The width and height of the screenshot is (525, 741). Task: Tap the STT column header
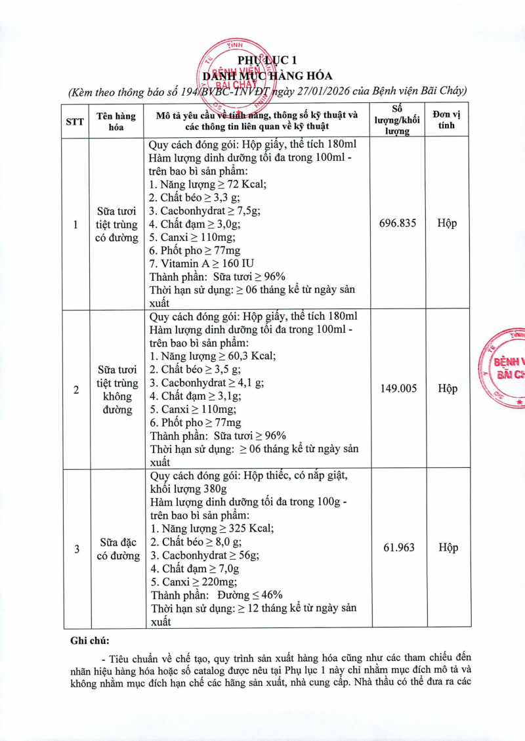[x=75, y=121]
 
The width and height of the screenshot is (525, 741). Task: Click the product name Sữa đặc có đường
[x=119, y=549]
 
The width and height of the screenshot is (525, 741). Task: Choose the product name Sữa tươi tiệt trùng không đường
[x=119, y=389]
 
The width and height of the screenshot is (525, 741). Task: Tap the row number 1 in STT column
[x=75, y=224]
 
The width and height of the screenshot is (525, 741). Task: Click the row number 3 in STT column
[x=76, y=549]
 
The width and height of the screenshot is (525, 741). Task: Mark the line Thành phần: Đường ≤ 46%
[x=217, y=595]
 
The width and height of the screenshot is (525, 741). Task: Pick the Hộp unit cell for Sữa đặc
[x=448, y=547]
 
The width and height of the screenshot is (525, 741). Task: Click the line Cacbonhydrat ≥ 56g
[x=205, y=555]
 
